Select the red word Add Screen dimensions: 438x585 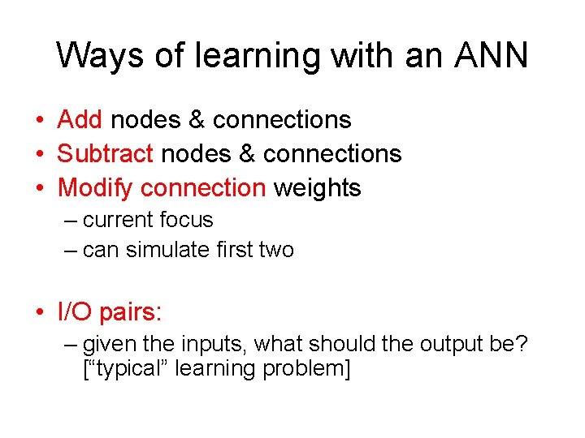click(x=80, y=120)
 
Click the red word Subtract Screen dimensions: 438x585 click(x=105, y=154)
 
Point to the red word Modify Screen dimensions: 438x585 click(x=96, y=188)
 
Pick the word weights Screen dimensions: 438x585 click(x=317, y=188)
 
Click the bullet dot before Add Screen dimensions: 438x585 click(x=40, y=121)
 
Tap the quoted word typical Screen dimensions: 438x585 click(x=129, y=369)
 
